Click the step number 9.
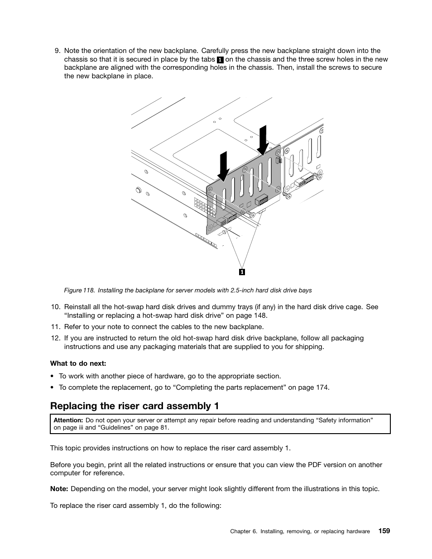coord(57,51)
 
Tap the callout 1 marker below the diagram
coord(242,272)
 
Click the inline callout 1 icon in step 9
coord(220,60)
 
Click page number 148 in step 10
coord(260,315)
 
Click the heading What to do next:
coord(78,363)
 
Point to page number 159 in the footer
coord(384,531)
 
